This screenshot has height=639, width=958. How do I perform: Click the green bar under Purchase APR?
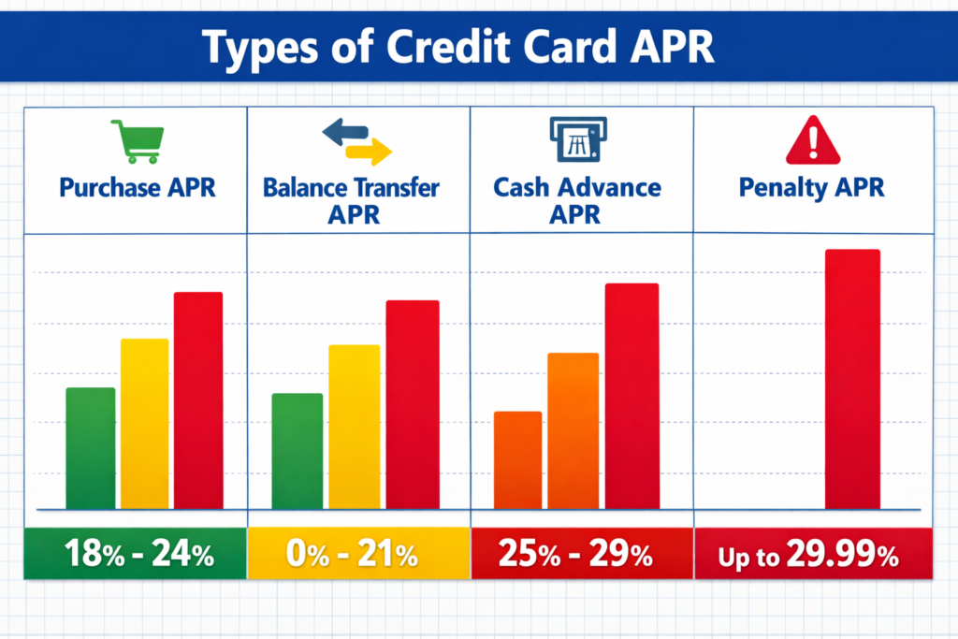coord(91,447)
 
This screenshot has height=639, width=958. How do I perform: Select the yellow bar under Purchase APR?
coord(145,423)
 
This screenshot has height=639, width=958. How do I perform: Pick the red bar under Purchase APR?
coord(198,399)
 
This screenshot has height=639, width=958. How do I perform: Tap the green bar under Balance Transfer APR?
coord(297,450)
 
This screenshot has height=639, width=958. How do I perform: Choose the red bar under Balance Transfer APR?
coord(413,404)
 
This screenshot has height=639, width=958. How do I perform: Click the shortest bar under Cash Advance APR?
coord(517,459)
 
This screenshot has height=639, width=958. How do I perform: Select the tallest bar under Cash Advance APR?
coord(631,395)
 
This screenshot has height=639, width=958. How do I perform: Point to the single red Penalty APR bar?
coord(852,378)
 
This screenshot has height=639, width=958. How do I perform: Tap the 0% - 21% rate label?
coord(356,555)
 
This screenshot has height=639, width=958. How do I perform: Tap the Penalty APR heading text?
coord(811,187)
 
